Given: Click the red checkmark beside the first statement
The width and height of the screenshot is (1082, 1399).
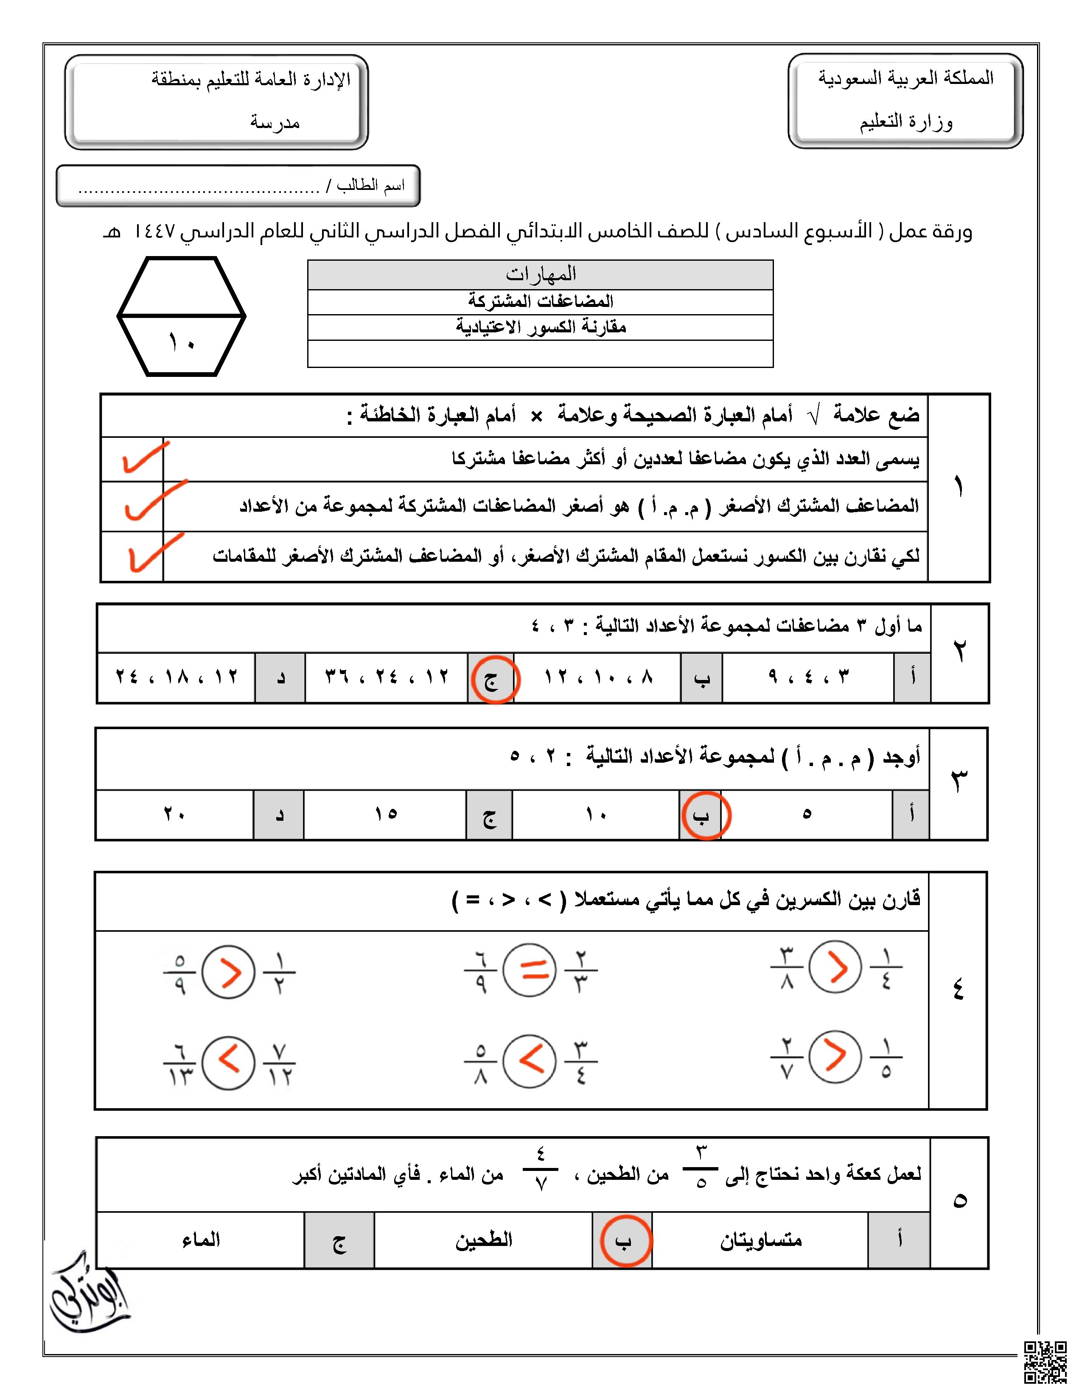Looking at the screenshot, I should click(x=144, y=457).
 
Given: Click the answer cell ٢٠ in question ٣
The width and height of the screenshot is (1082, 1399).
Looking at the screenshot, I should click(x=174, y=814).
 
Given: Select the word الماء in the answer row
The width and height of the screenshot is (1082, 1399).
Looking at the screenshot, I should click(x=201, y=1240).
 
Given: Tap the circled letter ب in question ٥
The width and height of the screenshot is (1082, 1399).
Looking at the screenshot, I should click(x=624, y=1241).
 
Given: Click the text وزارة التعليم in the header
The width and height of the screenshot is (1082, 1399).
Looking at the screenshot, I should click(x=906, y=122).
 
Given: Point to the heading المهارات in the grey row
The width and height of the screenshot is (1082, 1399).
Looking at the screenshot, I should click(x=540, y=274).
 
